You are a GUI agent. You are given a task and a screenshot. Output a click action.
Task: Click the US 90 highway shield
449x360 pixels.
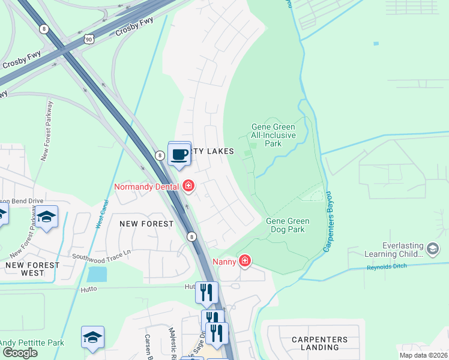click(89, 38)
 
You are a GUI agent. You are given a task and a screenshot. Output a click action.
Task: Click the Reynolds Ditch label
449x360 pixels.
click(388, 266)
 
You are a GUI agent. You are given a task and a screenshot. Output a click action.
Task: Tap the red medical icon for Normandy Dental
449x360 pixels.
click(188, 186)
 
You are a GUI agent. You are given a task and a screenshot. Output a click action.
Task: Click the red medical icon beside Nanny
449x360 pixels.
click(244, 260)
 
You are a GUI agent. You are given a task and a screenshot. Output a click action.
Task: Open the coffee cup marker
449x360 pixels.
click(179, 155)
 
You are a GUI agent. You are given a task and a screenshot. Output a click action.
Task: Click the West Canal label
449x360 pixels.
click(101, 214)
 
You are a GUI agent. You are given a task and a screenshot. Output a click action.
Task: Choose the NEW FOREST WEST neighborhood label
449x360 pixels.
click(32, 268)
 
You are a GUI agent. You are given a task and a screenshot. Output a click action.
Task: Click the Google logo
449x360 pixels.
click(20, 353)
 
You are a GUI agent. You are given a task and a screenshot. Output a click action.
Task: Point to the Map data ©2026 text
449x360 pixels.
click(423, 355)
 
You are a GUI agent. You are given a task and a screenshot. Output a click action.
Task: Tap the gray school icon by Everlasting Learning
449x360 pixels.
click(433, 248)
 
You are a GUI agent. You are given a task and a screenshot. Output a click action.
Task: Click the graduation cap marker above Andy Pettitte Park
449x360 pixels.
click(93, 338)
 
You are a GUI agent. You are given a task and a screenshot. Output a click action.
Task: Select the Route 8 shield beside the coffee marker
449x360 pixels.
click(160, 155)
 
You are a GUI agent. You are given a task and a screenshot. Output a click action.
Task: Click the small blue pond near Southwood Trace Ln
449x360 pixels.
click(97, 274)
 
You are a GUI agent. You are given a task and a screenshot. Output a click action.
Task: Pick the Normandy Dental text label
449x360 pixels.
click(147, 187)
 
